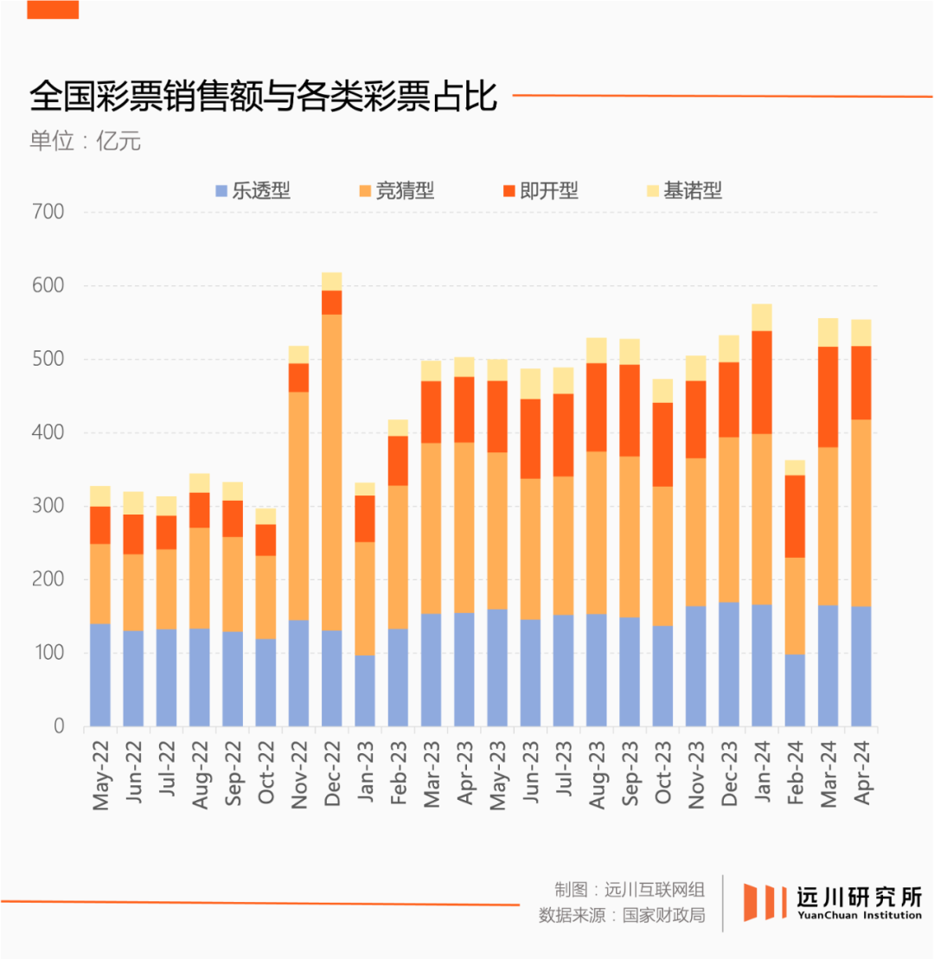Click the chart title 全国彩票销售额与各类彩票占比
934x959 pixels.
(x=264, y=97)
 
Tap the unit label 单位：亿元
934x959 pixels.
(x=85, y=141)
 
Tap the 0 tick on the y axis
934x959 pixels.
(x=59, y=726)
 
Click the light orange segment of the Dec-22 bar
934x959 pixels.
(x=332, y=471)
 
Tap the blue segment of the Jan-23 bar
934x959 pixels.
(x=365, y=690)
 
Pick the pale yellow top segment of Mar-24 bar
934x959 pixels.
(x=828, y=332)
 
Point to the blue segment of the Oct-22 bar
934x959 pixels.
(x=266, y=682)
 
